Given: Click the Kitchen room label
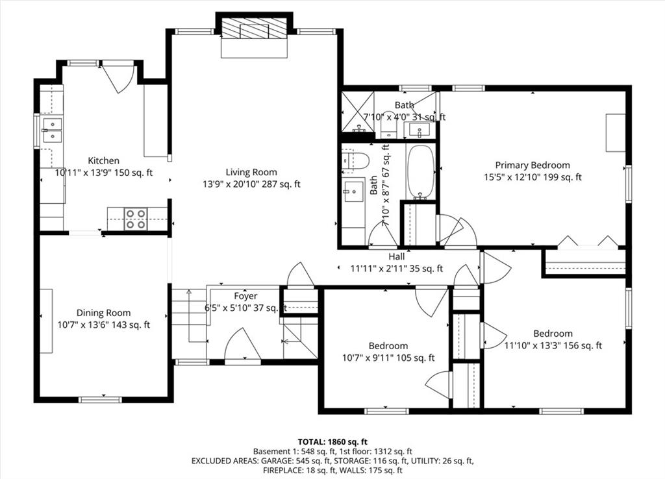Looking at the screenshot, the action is pos(103,161).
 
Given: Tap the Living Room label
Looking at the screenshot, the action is pos(251,172).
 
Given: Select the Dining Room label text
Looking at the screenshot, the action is pos(103,313).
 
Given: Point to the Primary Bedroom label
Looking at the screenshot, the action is pos(533,165).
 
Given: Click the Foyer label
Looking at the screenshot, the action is pos(245,296).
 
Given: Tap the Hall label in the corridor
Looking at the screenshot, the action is pos(397,256).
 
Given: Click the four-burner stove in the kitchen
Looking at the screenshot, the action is pos(136,219).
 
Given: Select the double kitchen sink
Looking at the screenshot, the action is pos(53,130).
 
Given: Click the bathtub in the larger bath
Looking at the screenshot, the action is pos(420,172).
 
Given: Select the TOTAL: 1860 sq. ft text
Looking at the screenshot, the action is pos(332,442).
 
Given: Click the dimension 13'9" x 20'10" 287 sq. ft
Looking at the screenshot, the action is pos(251,184).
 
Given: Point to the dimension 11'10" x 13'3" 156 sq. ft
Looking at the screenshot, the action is pos(553,345).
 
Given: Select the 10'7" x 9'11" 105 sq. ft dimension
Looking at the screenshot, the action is pos(388,358).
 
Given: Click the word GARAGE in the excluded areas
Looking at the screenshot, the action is pos(275,461).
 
